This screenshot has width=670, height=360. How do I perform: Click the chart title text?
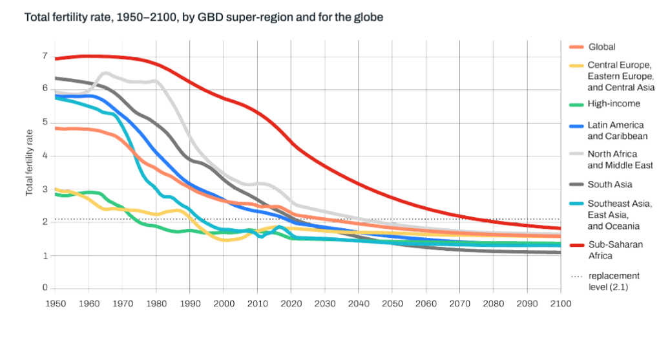click(204, 17)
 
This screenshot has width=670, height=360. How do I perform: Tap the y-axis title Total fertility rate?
click(29, 162)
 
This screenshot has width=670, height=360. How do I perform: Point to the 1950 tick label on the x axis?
click(54, 303)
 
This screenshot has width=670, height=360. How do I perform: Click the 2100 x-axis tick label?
click(560, 303)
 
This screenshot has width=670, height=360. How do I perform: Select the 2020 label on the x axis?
click(291, 303)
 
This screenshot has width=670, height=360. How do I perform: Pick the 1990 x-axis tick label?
click(189, 303)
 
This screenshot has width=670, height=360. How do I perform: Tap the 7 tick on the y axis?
click(45, 56)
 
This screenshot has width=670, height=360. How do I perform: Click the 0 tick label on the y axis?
click(45, 288)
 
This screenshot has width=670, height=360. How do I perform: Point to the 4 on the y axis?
click(45, 156)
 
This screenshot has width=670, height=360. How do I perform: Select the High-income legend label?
click(614, 103)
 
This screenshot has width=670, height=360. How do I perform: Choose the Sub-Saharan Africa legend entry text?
click(615, 250)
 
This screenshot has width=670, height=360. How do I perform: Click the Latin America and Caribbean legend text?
click(617, 131)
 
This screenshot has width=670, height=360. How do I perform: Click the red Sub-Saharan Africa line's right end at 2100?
click(560, 228)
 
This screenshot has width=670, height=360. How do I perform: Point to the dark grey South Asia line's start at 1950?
click(56, 78)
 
